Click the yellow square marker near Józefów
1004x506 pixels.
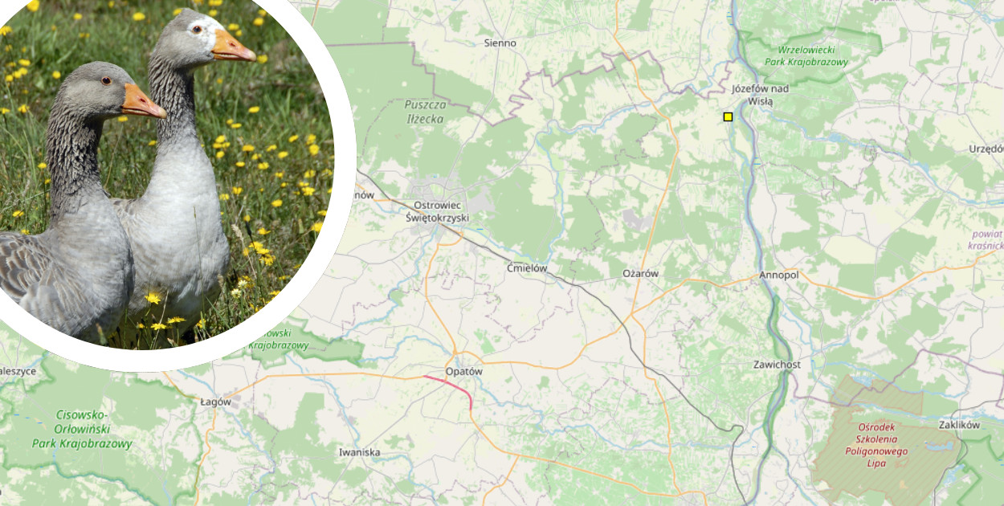(728, 117)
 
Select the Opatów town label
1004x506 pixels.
(464, 372)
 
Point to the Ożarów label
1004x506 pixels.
(640, 274)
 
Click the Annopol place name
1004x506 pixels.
(778, 275)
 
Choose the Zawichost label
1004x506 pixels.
(777, 365)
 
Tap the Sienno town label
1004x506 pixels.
(500, 43)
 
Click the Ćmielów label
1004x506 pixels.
(527, 269)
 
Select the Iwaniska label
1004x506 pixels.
(359, 453)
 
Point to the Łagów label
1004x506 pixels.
(215, 402)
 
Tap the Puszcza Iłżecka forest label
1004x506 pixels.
(425, 112)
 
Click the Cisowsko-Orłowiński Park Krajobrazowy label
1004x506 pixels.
(82, 429)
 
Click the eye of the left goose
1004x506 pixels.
(105, 80)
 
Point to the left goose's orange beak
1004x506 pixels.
(142, 102)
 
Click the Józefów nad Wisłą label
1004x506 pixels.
(760, 95)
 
